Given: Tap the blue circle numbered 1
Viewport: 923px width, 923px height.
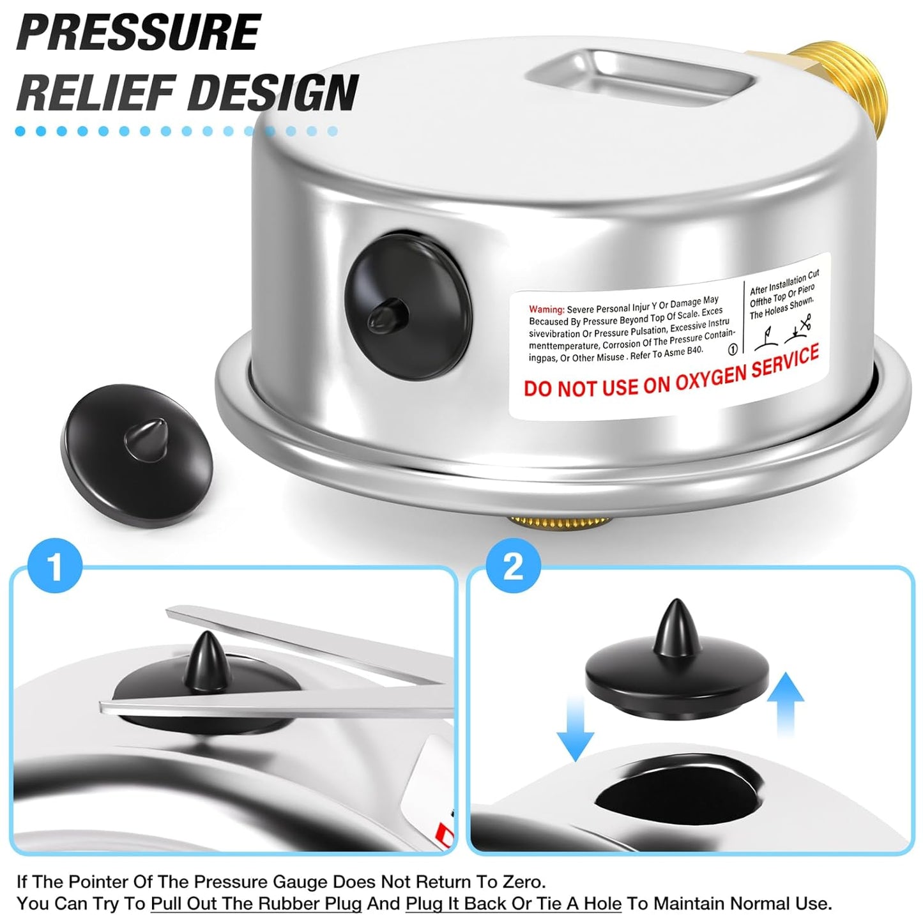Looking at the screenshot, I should click(55, 566).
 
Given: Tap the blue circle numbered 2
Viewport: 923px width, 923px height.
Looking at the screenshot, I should click(513, 566).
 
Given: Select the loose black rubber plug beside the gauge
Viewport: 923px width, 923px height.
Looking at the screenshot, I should click(138, 455).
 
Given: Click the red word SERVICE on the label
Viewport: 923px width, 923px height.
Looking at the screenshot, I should click(783, 362).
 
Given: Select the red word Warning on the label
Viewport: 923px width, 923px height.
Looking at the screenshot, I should click(546, 309).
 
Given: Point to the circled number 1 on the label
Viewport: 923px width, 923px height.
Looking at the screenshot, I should click(733, 349).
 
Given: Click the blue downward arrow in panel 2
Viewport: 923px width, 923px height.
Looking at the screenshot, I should click(575, 728).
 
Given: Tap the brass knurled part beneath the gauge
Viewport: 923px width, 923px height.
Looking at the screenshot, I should click(560, 521).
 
